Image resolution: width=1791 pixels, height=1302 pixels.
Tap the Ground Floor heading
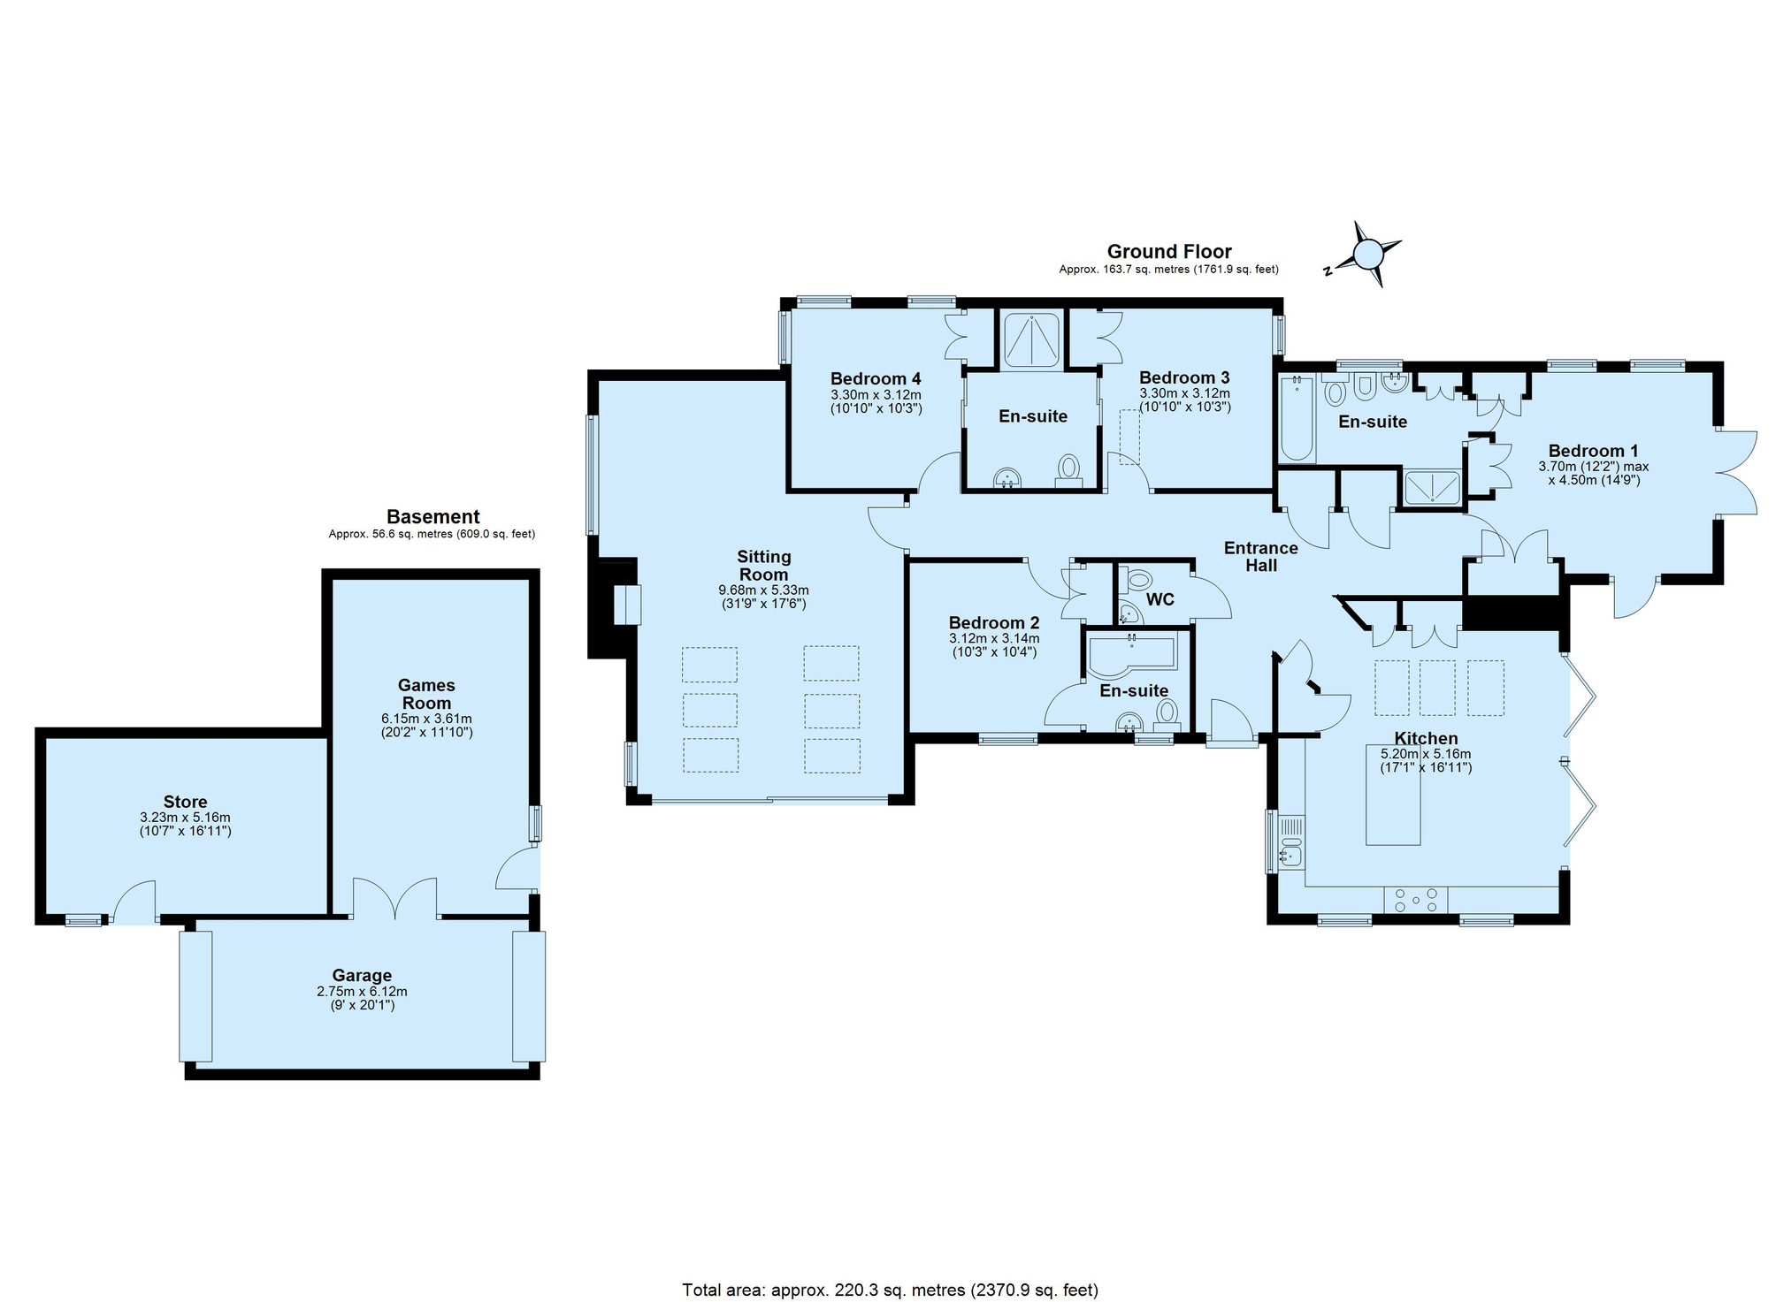coord(1168,252)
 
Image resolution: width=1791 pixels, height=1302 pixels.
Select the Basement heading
coord(432,517)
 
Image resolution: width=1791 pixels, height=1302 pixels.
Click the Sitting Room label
coord(763,566)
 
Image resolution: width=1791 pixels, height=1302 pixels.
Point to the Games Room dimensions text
coord(426,726)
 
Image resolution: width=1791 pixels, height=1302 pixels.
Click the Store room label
coord(185,803)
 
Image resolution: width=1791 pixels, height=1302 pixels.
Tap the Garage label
coord(362,976)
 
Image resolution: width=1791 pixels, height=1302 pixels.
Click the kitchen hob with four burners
coord(1415,900)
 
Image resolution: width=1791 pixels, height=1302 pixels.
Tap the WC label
coord(1160,600)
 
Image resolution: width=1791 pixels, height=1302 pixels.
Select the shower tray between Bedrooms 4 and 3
coord(1031,338)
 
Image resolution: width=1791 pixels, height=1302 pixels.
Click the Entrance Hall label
coord(1260,557)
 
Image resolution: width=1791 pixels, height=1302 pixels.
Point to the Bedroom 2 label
coord(993,623)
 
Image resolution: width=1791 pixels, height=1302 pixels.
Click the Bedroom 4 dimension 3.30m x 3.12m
coord(876,395)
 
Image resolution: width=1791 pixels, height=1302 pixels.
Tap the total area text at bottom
coord(890,1291)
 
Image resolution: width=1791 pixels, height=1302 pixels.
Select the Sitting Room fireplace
coord(626,605)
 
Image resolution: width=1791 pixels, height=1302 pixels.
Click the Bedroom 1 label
coord(1587,451)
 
